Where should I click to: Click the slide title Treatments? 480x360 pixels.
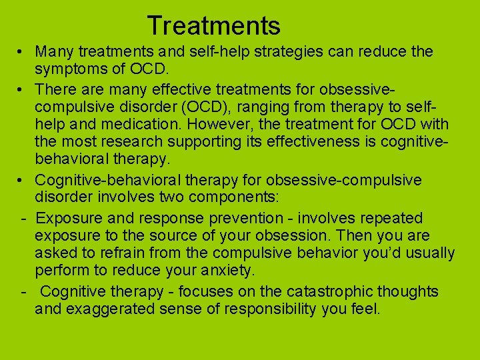pyautogui.click(x=213, y=26)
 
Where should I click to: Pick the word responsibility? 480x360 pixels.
pyautogui.click(x=281, y=309)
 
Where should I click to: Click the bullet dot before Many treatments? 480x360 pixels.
pyautogui.click(x=22, y=52)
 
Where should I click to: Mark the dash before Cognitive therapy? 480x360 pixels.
pyautogui.click(x=23, y=291)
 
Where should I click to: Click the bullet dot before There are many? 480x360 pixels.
pyautogui.click(x=22, y=89)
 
